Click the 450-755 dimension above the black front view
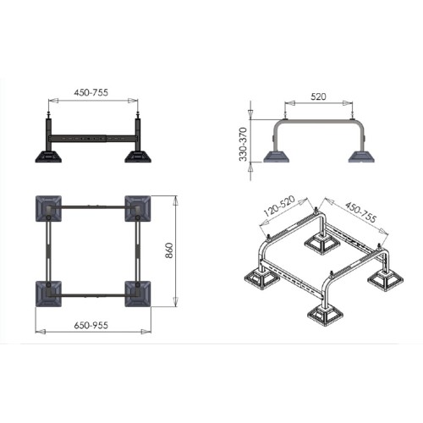point(91,92)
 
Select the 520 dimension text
point(318,96)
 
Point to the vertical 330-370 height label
point(243,144)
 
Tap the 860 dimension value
point(169,250)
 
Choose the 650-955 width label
point(91,326)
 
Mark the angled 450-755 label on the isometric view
point(360,211)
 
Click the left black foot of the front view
point(48,157)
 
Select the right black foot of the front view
point(138,157)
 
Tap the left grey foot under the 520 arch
point(277,157)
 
